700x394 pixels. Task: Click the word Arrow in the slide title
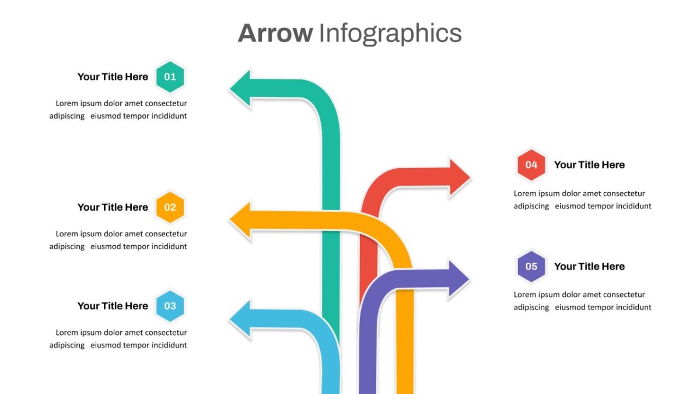(275, 33)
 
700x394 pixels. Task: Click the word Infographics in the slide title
(390, 34)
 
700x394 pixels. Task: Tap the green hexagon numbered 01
(170, 76)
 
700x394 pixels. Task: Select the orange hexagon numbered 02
(170, 207)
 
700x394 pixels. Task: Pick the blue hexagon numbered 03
(170, 306)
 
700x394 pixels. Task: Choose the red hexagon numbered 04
(531, 165)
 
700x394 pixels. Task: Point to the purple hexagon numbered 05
(531, 266)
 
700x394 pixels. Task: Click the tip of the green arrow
(230, 88)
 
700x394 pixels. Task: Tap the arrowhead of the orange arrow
(240, 220)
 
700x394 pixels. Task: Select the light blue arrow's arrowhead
(240, 319)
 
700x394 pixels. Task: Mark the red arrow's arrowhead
(460, 177)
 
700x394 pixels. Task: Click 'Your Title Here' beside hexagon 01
(113, 77)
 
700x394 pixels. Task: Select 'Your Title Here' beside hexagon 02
(113, 207)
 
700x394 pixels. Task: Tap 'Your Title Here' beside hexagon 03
(113, 306)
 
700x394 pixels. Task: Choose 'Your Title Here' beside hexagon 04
(589, 165)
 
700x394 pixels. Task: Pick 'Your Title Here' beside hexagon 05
(589, 267)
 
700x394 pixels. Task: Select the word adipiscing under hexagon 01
(67, 116)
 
